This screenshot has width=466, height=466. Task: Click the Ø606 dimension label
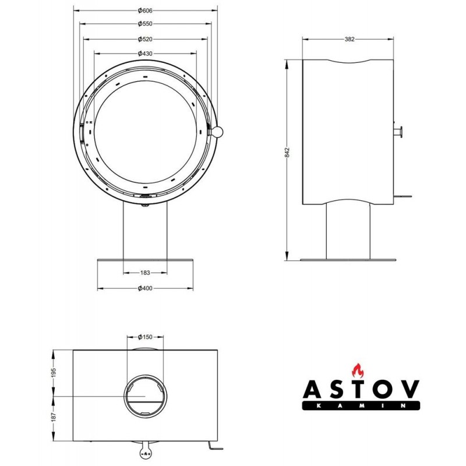tap(145, 10)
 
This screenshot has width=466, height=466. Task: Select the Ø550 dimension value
tap(145, 24)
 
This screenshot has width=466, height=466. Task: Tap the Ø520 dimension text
tap(145, 39)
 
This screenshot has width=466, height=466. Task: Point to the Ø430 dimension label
tap(145, 54)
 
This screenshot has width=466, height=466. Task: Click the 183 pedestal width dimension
tap(145, 273)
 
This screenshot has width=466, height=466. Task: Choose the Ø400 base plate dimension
tap(145, 288)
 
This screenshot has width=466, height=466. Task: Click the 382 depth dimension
tap(349, 39)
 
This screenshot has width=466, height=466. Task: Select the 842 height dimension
tap(287, 152)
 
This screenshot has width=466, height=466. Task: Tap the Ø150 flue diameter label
tap(145, 337)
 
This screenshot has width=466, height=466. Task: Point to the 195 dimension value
tap(54, 373)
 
